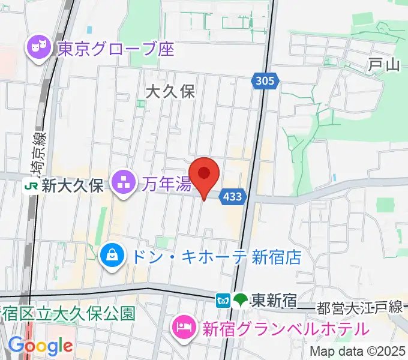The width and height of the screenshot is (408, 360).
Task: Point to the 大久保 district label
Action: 171,91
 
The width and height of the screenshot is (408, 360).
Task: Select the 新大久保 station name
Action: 73,186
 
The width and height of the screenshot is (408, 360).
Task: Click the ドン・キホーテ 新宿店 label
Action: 215,257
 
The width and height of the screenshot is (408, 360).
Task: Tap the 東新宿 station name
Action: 274,299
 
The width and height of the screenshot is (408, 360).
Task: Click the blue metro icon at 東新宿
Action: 223,299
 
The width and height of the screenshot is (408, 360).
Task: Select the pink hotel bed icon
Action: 183,328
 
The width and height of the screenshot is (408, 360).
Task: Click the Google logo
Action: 40,346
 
